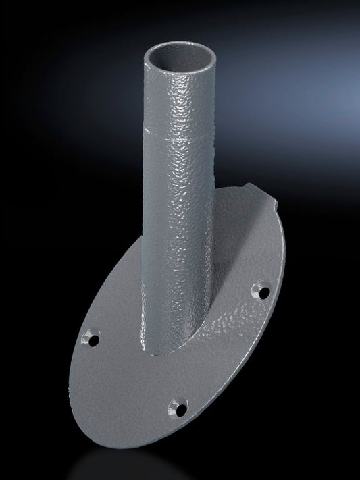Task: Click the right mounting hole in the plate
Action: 257,292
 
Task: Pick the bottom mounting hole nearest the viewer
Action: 178,407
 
